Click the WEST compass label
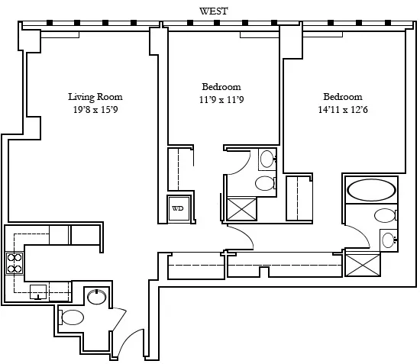[213, 10]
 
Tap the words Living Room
[95, 97]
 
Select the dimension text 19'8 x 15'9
[95, 109]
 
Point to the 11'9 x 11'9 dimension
[221, 99]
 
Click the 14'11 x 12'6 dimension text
[343, 109]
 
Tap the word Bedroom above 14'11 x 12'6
[343, 97]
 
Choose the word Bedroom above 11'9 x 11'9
[221, 86]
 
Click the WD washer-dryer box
[177, 208]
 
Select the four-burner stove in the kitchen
[15, 263]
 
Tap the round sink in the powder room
[96, 297]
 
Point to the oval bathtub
[371, 188]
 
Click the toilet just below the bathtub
[384, 215]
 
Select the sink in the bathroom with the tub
[388, 240]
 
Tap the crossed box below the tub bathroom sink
[362, 263]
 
